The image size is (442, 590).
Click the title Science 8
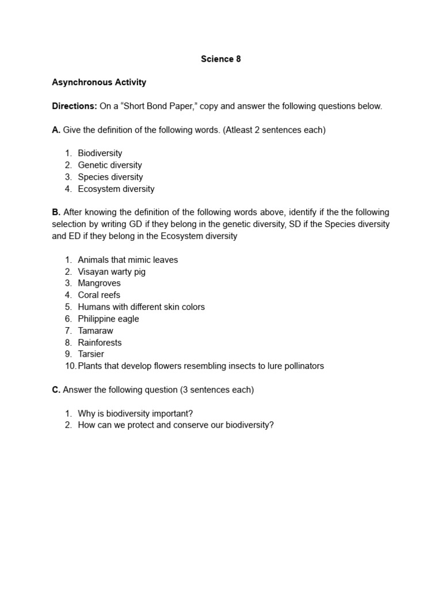tap(220, 59)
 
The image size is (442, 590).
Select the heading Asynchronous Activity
tap(99, 82)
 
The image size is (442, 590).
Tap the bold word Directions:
tap(74, 106)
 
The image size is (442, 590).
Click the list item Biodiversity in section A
tap(100, 153)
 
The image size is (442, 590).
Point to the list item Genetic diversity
tap(110, 165)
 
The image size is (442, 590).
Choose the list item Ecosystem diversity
tap(116, 189)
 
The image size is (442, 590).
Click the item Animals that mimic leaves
tap(128, 260)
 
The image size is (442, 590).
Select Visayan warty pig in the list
tap(112, 272)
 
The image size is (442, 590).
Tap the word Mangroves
tap(100, 283)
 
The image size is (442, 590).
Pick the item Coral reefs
tap(99, 295)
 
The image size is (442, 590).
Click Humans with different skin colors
tap(142, 307)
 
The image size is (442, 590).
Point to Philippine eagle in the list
tap(109, 319)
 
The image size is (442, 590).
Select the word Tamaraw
tap(96, 331)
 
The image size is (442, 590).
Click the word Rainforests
tap(100, 343)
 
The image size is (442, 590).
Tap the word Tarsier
tap(91, 354)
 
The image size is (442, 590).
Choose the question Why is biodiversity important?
tap(136, 414)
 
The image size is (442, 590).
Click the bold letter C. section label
tap(56, 390)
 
